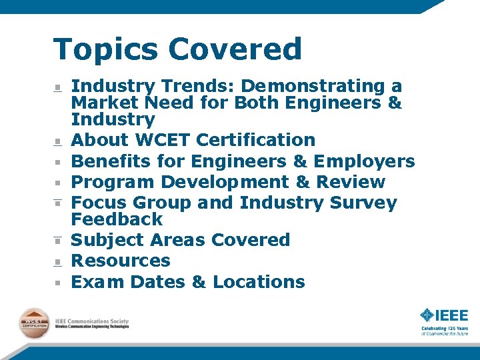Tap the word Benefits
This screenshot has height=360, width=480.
(111, 162)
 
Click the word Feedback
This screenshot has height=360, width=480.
(117, 219)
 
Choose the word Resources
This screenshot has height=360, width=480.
(121, 261)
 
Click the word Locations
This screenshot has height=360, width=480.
(259, 282)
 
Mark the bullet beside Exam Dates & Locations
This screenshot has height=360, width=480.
(59, 283)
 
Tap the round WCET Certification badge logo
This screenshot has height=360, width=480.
(33, 323)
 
